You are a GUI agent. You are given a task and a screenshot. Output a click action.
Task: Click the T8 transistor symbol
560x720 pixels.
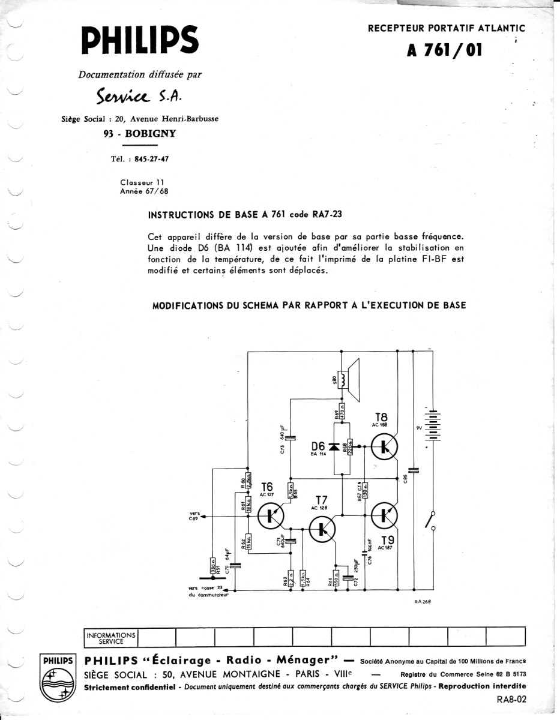pos(382,445)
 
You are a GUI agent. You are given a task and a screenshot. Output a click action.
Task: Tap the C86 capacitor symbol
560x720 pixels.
pos(413,470)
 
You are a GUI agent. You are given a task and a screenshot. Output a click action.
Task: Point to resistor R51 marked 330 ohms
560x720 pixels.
pos(212,566)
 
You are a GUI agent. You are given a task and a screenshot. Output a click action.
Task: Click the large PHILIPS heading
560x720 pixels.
pos(140,39)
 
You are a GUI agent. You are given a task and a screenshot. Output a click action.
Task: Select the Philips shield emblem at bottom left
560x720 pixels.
pos(57,679)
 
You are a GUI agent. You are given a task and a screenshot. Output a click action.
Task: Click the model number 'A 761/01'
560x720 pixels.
pos(445,50)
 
